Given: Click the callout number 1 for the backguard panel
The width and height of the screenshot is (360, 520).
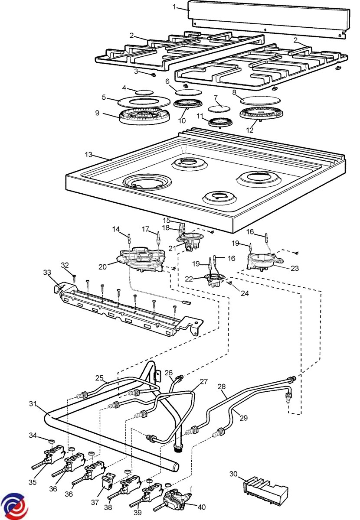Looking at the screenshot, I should coord(175,6).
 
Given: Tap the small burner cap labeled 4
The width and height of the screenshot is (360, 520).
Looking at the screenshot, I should coord(144,92).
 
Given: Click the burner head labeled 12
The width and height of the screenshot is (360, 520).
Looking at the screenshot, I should coord(259,114).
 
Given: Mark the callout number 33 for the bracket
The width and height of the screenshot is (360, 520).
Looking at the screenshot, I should coord(46,272).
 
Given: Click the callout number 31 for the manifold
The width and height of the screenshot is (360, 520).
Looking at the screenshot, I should coord(32,403).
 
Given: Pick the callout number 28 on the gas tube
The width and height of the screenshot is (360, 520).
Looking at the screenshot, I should coord(222,386).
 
